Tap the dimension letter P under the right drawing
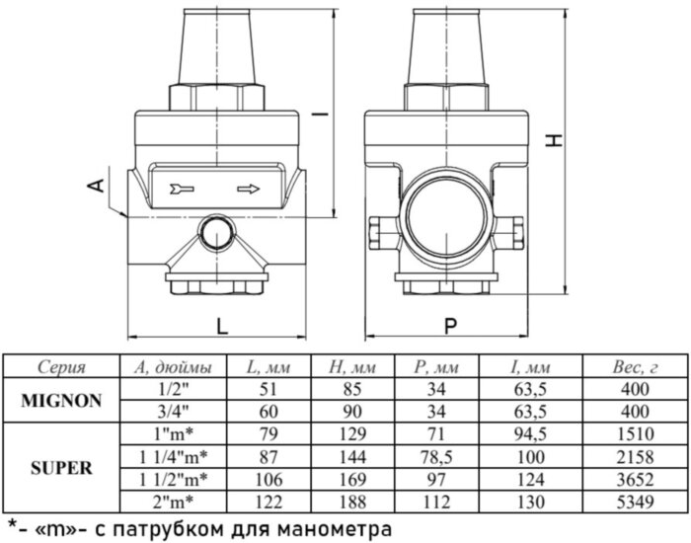[450, 324]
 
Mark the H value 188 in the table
[346, 501]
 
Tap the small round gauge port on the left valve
[212, 233]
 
